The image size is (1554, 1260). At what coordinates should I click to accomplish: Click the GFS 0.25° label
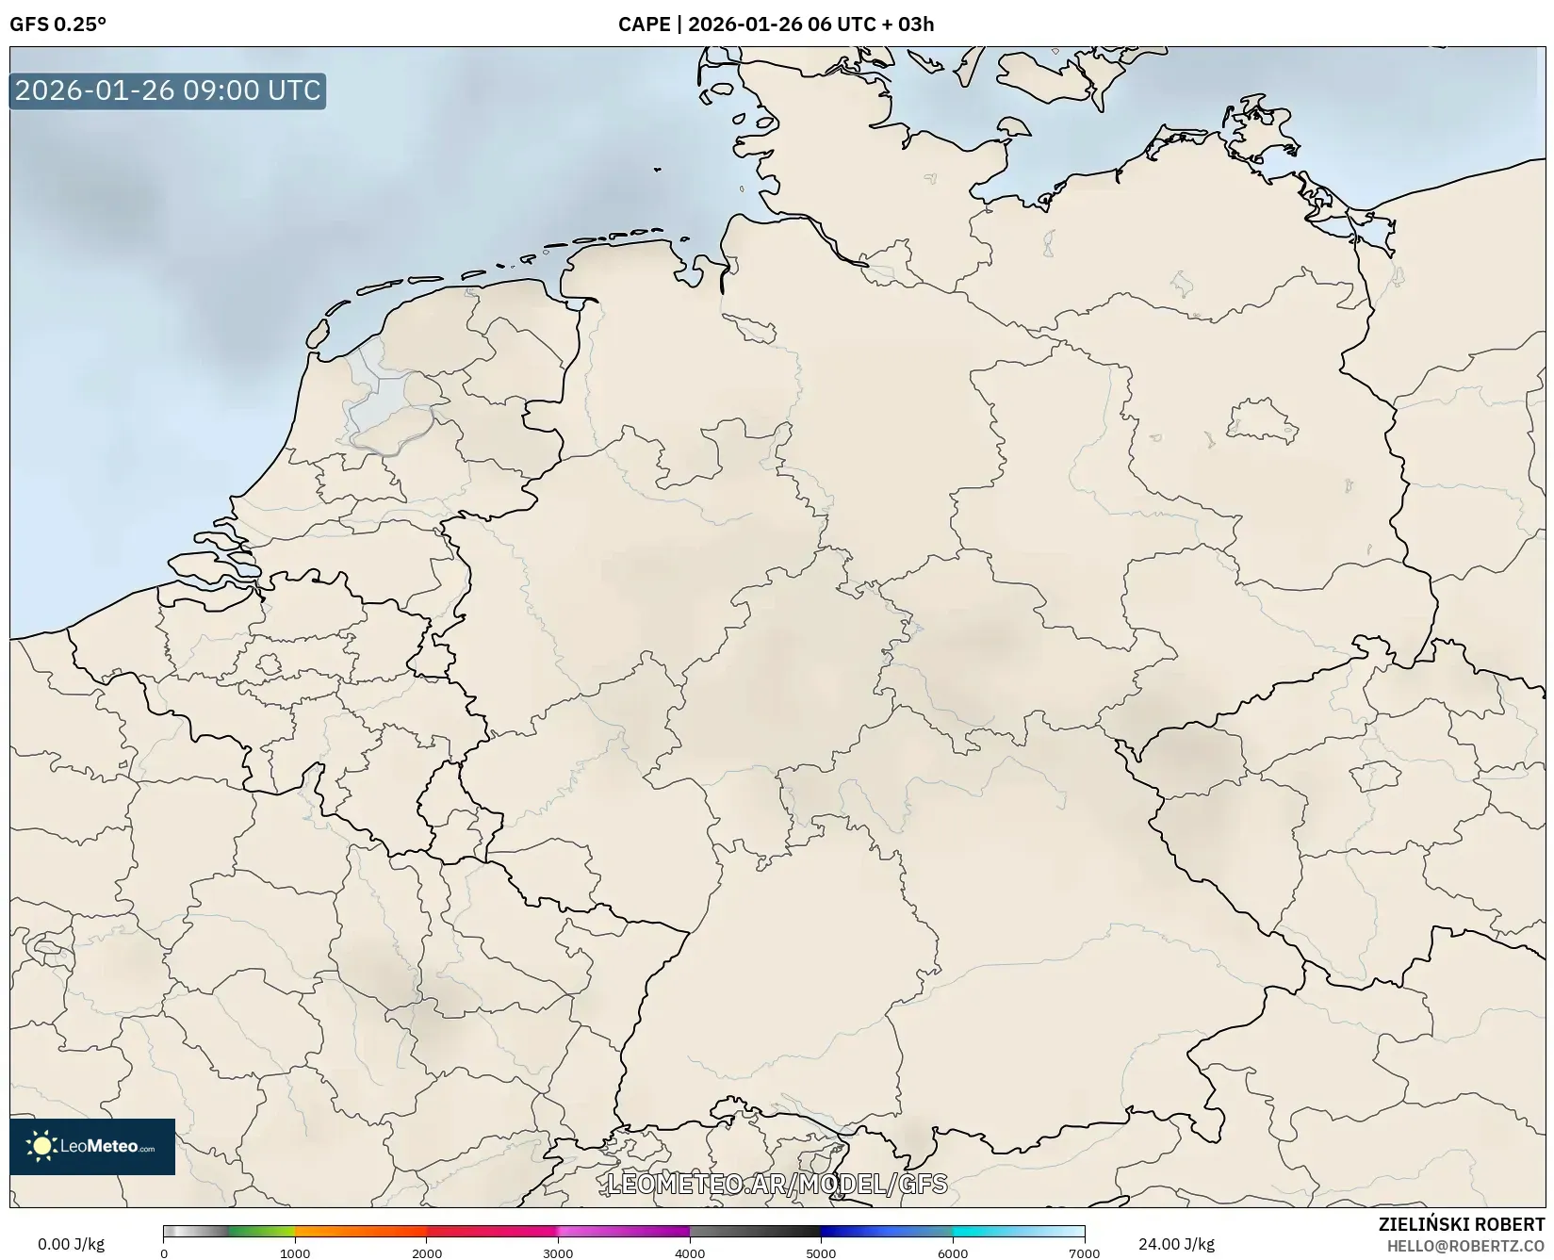(57, 25)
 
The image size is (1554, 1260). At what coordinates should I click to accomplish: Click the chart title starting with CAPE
(776, 25)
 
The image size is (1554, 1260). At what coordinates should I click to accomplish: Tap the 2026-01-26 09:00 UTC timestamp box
(168, 91)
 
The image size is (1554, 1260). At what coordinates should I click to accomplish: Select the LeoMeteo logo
(92, 1146)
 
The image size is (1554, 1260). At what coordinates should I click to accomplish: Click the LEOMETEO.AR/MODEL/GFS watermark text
(777, 1184)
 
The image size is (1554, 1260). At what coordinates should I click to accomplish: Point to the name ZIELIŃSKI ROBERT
(1461, 1225)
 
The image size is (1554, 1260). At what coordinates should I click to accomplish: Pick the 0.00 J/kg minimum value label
(71, 1244)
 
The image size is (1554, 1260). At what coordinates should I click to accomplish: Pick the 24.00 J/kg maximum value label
(1176, 1244)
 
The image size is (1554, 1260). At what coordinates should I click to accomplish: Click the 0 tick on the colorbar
(164, 1253)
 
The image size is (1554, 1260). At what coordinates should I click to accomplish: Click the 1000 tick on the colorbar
(295, 1253)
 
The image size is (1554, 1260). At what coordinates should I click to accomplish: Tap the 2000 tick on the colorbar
(427, 1253)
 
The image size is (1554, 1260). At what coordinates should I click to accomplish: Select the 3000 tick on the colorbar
(558, 1253)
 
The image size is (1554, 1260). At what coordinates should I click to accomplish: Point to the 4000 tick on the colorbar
(690, 1253)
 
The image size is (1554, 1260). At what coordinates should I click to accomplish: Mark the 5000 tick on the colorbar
(821, 1253)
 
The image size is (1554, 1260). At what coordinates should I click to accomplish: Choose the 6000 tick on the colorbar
(953, 1253)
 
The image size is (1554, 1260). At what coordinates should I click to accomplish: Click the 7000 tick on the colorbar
(1084, 1253)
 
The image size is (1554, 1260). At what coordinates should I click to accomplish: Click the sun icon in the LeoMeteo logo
(41, 1146)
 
